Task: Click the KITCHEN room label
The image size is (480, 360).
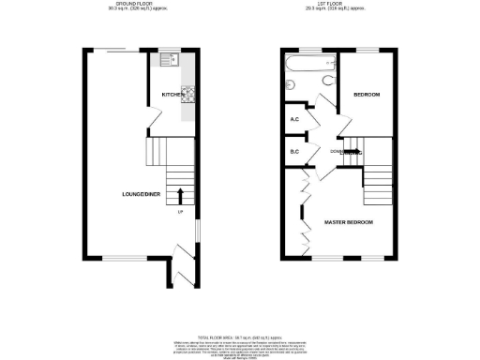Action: [172, 95]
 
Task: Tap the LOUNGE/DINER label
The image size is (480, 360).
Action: [138, 194]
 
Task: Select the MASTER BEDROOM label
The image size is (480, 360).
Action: [349, 222]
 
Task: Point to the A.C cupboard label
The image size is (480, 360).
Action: [293, 119]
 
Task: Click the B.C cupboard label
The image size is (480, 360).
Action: [293, 152]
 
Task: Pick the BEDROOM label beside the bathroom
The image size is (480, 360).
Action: [366, 95]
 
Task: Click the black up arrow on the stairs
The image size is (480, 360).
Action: [180, 195]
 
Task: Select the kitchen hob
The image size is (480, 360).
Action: [187, 93]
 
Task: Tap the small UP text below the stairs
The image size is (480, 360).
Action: [180, 213]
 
